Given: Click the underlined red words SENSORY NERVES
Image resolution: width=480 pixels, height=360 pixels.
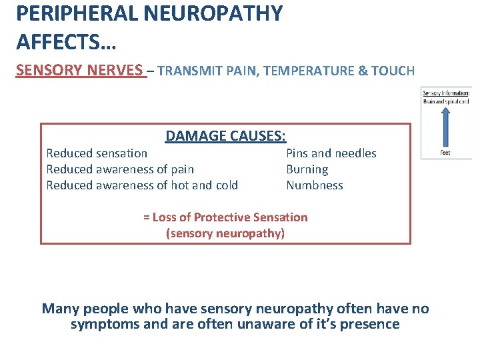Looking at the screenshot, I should click(x=80, y=71).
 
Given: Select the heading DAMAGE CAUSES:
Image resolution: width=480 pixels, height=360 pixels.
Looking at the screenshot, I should click(x=226, y=136).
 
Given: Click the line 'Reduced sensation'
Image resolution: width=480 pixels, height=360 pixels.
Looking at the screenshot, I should click(x=97, y=153).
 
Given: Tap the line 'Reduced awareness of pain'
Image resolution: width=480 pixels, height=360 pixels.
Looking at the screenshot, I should click(x=120, y=169).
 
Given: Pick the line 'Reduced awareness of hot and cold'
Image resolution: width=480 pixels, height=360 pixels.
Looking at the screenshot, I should click(x=142, y=185).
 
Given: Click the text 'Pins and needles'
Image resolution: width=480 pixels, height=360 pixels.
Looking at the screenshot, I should click(x=331, y=153).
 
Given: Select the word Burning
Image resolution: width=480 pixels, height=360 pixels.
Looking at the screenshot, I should click(x=307, y=169).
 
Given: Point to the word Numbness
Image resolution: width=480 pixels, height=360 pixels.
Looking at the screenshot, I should click(x=315, y=185).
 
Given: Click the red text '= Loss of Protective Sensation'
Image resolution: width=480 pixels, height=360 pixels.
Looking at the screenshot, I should click(x=225, y=217).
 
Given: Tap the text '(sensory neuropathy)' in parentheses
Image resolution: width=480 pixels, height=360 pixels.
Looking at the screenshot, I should click(x=225, y=233).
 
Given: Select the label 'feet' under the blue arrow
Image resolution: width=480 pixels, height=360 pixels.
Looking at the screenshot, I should click(x=445, y=153).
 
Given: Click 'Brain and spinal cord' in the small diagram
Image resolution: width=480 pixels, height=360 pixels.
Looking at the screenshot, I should click(x=446, y=101).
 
